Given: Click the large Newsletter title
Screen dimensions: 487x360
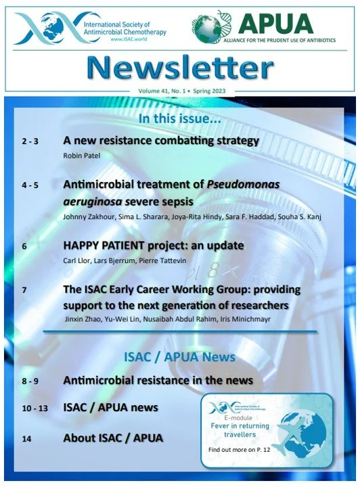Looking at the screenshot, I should tap(179, 68).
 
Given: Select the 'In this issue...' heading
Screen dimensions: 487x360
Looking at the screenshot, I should tap(180, 119).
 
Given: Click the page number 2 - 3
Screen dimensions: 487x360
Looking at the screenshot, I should tap(31, 142).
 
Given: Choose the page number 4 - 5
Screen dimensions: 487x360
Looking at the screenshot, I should tap(31, 184).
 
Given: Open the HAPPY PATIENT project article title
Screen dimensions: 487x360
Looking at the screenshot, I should tap(154, 245).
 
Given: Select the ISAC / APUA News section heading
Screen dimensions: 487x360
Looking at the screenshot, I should tap(180, 356).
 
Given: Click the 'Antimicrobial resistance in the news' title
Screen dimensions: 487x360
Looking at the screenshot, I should tap(158, 381).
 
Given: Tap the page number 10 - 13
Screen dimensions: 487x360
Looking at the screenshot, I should tap(35, 408).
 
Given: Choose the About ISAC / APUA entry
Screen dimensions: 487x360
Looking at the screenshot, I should tap(113, 438).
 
